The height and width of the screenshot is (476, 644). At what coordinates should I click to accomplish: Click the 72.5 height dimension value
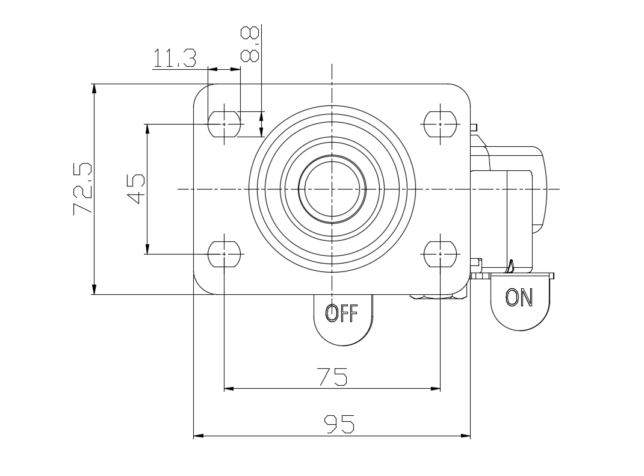pos(82,189)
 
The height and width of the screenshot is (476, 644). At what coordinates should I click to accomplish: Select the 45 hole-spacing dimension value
pos(135,189)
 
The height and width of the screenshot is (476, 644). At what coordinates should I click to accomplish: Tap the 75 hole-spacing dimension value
pos(332,377)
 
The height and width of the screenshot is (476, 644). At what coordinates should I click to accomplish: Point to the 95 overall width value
pos(339,424)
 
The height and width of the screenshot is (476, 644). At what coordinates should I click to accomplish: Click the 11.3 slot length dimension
pos(174,58)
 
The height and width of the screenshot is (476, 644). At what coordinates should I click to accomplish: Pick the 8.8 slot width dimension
pos(250,44)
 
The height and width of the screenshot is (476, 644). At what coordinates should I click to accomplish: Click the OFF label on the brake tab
pos(341,313)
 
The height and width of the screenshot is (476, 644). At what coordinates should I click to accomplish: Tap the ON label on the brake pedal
pos(519,297)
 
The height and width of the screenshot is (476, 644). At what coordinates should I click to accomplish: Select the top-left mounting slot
pos(224,124)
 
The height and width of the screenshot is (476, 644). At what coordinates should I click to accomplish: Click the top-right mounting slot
pos(440,124)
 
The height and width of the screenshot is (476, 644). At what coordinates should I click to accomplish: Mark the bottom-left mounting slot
pos(224,254)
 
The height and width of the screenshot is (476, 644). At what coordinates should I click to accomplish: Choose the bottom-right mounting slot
pos(440,254)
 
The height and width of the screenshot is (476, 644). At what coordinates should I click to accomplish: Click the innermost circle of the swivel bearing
pos(332,189)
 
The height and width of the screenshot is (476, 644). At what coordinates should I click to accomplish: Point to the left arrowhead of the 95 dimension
pos(197,435)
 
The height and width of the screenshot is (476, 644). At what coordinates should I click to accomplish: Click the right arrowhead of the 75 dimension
pos(436,389)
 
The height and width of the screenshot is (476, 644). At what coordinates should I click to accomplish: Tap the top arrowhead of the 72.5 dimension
pos(94,88)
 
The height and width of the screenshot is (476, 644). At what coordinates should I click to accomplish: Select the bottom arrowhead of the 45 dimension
pos(147,250)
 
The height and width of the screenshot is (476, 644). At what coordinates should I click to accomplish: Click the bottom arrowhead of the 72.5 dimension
pos(94,290)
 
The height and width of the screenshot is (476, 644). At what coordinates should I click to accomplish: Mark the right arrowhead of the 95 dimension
pos(466,435)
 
